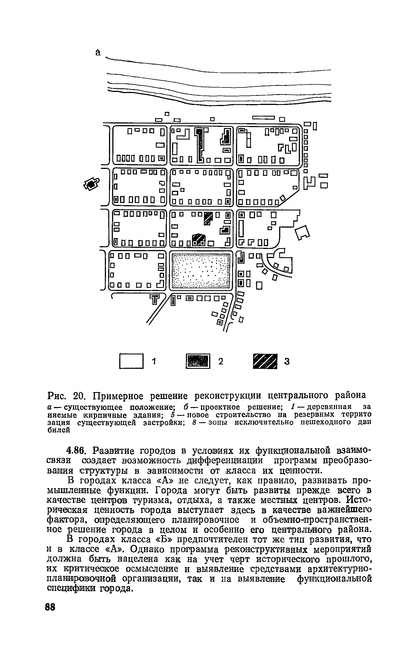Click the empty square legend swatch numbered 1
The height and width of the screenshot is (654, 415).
pos(131,361)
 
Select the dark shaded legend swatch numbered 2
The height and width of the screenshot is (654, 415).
pos(198,361)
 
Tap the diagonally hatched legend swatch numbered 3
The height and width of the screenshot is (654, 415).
pos(265,361)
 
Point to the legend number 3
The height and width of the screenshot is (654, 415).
pos(287,361)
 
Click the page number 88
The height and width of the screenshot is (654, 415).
pos(50,607)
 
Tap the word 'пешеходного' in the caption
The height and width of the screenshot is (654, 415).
pos(322,422)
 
